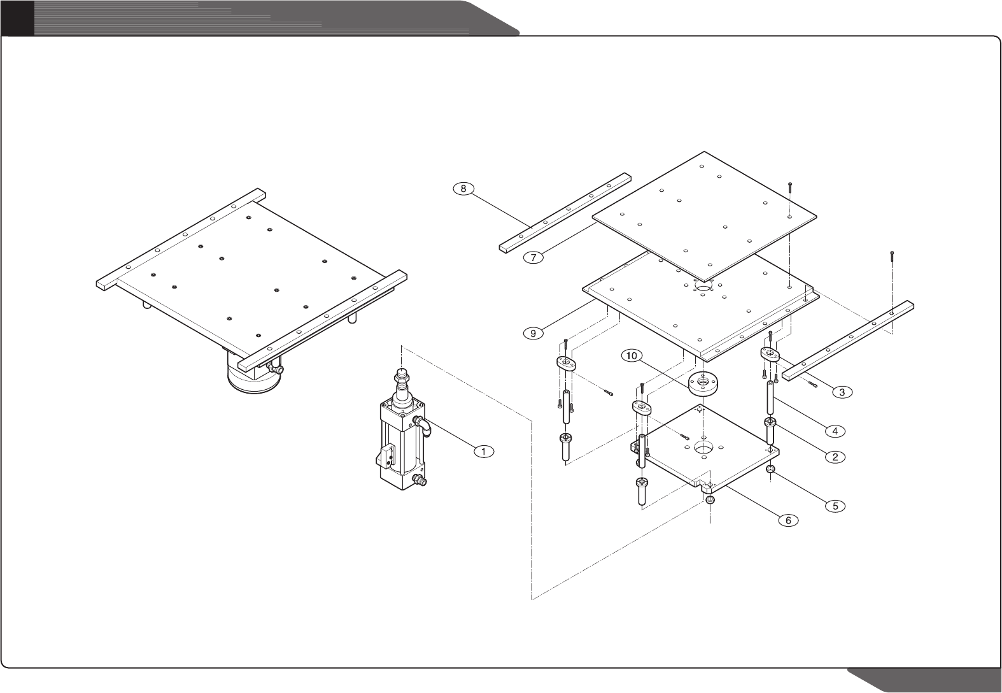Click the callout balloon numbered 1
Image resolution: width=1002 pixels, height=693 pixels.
pyautogui.click(x=484, y=451)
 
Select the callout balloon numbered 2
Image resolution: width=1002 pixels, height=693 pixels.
pyautogui.click(x=835, y=456)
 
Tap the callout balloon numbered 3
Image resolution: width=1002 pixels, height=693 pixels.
pyautogui.click(x=842, y=392)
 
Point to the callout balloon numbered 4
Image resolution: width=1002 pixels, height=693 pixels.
pyautogui.click(x=835, y=431)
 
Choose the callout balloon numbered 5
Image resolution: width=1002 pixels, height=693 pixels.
pyautogui.click(x=835, y=506)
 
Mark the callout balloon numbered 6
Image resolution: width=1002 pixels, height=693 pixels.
pyautogui.click(x=787, y=520)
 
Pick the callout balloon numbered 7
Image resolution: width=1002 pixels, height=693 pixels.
pyautogui.click(x=533, y=257)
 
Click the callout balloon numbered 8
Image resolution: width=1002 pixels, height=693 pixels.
pyautogui.click(x=463, y=189)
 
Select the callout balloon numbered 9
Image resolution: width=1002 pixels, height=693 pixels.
pyautogui.click(x=533, y=332)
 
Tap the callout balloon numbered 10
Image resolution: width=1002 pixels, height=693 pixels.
pyautogui.click(x=632, y=356)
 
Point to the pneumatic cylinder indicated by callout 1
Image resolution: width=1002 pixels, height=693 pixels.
pyautogui.click(x=401, y=439)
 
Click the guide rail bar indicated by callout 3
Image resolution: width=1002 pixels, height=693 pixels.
pyautogui.click(x=847, y=341)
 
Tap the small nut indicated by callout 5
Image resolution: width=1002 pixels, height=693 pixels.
pyautogui.click(x=770, y=470)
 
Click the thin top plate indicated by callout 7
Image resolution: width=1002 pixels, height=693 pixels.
pyautogui.click(x=703, y=217)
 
